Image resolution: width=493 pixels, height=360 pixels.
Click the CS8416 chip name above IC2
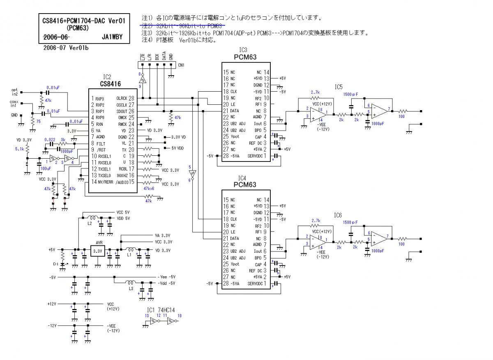[x=107, y=83]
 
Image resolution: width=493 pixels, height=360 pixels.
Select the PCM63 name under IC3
[x=245, y=57]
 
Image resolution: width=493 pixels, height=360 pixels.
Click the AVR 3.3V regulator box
[x=98, y=250]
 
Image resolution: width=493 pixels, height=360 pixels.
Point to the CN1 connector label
[x=181, y=65]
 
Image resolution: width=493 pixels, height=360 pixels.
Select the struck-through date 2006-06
[x=56, y=37]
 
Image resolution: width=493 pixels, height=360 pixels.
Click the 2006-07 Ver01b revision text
[x=66, y=48]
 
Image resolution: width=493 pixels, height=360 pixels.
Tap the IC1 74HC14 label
[x=164, y=310]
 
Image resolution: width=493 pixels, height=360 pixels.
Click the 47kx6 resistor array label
[x=149, y=188]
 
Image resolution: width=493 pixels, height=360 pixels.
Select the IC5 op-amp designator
[x=339, y=87]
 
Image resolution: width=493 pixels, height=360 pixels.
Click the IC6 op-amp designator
[x=339, y=215]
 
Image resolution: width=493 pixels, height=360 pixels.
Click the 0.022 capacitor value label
[x=50, y=140]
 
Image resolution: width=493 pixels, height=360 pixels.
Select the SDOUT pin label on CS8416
[x=122, y=111]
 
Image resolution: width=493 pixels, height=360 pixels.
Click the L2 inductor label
[x=90, y=223]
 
